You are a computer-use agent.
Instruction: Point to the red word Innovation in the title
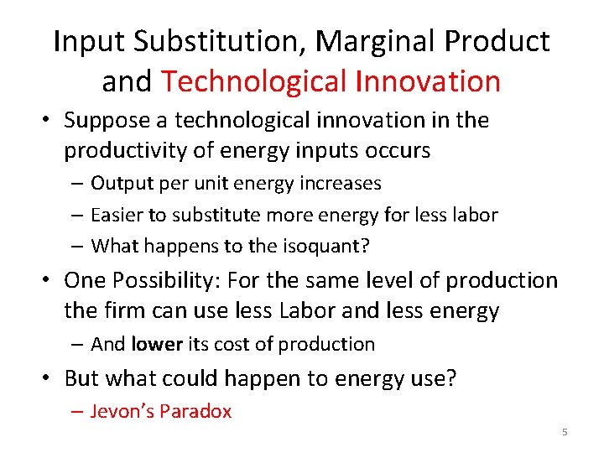tap(428, 81)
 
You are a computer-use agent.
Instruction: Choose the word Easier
tap(117, 215)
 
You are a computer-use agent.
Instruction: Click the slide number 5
tap(565, 432)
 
